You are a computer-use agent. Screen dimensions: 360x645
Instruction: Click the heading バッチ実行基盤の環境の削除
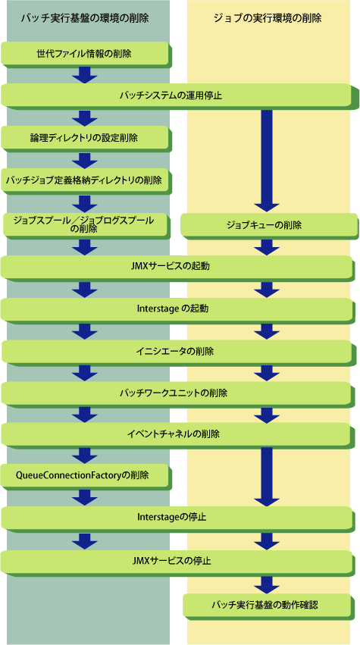tap(85, 18)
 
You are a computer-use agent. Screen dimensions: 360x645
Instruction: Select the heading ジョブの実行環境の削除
tap(268, 18)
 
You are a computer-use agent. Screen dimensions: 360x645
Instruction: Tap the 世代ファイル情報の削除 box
tap(85, 54)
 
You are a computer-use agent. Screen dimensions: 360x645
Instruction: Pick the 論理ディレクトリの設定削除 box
tap(85, 138)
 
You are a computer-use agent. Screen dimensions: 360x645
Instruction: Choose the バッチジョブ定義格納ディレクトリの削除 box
tap(85, 180)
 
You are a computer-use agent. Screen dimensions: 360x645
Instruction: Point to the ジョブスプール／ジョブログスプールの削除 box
tap(85, 225)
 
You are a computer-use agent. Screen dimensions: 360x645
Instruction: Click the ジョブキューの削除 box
tap(268, 225)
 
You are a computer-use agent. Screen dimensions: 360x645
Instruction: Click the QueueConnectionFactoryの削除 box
tap(85, 476)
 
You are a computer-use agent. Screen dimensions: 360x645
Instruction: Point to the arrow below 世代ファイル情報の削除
tap(84, 74)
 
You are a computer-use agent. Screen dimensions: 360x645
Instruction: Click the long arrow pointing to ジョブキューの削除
tap(267, 161)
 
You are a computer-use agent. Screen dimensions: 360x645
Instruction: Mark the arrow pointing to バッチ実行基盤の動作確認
tap(267, 584)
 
